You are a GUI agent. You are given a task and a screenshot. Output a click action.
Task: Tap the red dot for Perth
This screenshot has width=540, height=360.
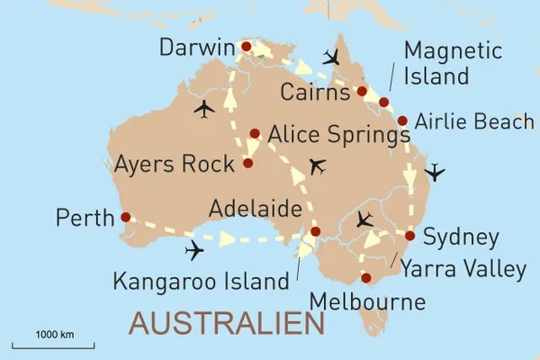point(125,216)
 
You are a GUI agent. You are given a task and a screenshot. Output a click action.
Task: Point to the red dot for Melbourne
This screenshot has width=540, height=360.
point(365,277)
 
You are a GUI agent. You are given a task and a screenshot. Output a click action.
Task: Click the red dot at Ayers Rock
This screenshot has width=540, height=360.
point(247,164)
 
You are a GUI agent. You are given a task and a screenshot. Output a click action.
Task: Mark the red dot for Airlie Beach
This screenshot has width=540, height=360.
point(401,121)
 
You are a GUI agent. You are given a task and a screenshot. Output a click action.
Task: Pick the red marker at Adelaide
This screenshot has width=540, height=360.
point(315,232)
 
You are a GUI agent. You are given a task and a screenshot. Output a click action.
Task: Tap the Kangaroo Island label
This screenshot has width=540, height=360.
point(199,281)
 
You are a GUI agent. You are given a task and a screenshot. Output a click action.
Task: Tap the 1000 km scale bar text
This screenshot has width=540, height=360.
point(54,335)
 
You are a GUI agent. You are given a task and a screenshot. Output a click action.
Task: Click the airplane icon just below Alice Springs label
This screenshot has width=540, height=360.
point(317,166)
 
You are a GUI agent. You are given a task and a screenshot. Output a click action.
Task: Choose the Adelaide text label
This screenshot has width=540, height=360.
point(255,209)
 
